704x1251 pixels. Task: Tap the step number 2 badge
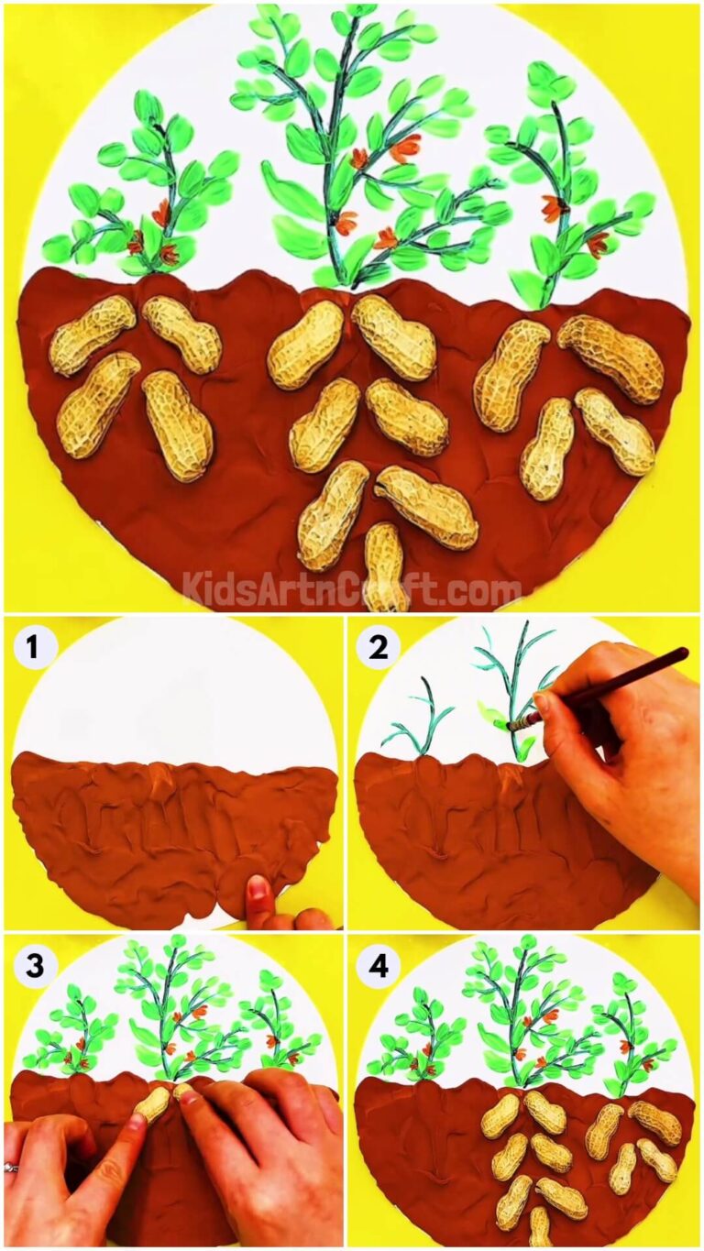[x=378, y=647]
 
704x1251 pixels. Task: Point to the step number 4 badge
[x=378, y=966]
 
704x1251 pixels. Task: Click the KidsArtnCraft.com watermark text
[x=352, y=587]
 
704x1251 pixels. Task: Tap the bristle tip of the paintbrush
[x=511, y=726]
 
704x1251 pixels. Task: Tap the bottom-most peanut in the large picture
[x=385, y=566]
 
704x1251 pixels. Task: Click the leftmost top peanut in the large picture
[x=92, y=335]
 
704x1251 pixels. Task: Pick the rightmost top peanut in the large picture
[x=610, y=358]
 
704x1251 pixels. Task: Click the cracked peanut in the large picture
[x=426, y=507]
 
